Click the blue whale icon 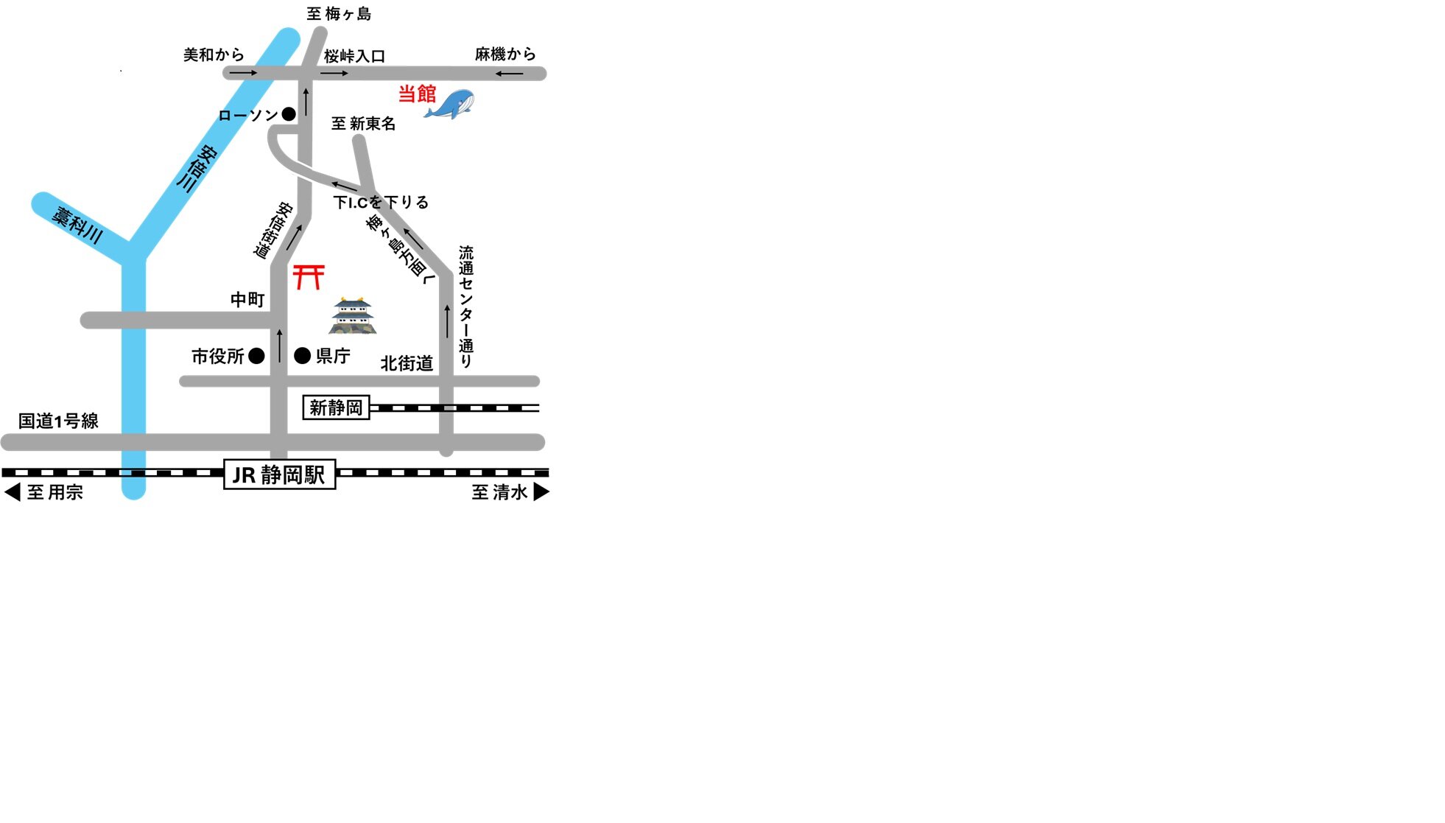[449, 104]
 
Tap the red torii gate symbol [309, 276]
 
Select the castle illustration [353, 315]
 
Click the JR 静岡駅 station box [280, 474]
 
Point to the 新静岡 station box [337, 407]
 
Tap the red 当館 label [417, 94]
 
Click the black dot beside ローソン [289, 114]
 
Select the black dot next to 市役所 [256, 356]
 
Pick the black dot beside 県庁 [302, 356]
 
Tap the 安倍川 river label [197, 169]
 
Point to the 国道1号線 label [58, 421]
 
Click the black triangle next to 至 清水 [541, 491]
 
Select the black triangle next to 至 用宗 [13, 491]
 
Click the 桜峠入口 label [354, 56]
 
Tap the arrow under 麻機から [509, 74]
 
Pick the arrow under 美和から [244, 73]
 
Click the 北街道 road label [407, 363]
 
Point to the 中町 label [247, 299]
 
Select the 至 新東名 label [363, 124]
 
